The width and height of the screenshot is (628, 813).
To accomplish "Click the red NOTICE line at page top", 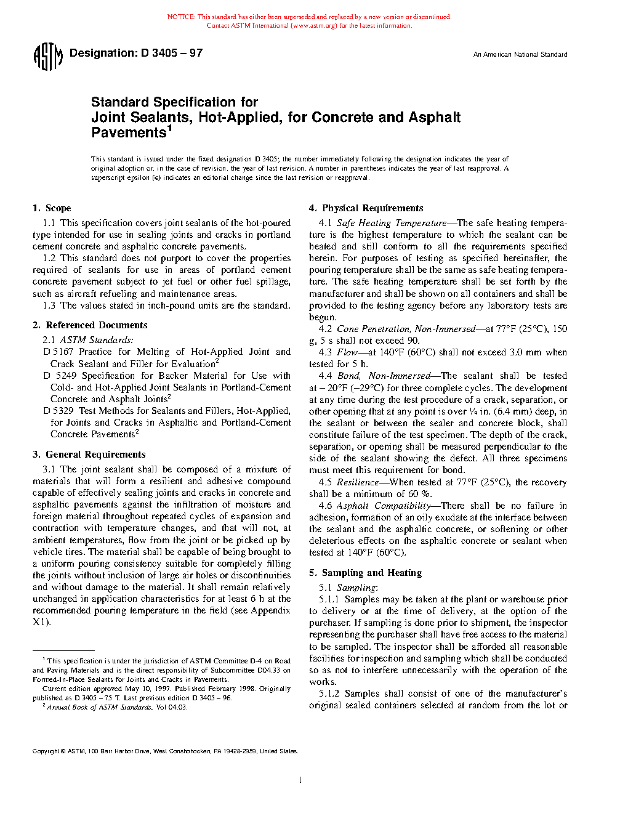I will coord(309,17).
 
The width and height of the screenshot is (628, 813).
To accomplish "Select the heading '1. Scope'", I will coord(52,208).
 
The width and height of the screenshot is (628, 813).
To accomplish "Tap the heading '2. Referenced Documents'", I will coord(91,325).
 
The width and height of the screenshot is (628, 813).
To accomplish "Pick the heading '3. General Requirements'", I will coord(89,455).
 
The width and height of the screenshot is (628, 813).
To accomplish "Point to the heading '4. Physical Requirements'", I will coord(366,208).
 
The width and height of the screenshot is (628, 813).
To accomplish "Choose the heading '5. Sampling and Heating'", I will coord(366,573).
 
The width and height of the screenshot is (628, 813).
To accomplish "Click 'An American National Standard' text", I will coord(520,55).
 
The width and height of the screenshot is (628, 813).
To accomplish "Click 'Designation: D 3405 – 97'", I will coord(136,53).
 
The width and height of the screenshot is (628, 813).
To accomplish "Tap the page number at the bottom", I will coord(300,780).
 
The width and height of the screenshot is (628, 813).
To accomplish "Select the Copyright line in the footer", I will coord(165,751).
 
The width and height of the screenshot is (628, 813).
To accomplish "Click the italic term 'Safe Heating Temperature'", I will coord(392,224).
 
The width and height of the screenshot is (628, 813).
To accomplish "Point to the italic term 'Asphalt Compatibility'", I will coord(384,506).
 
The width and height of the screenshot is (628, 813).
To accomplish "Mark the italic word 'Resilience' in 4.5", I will coord(358,482).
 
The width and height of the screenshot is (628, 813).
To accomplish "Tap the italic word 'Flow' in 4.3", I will coord(347,352).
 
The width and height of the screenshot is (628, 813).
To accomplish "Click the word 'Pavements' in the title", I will coord(129,133).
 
